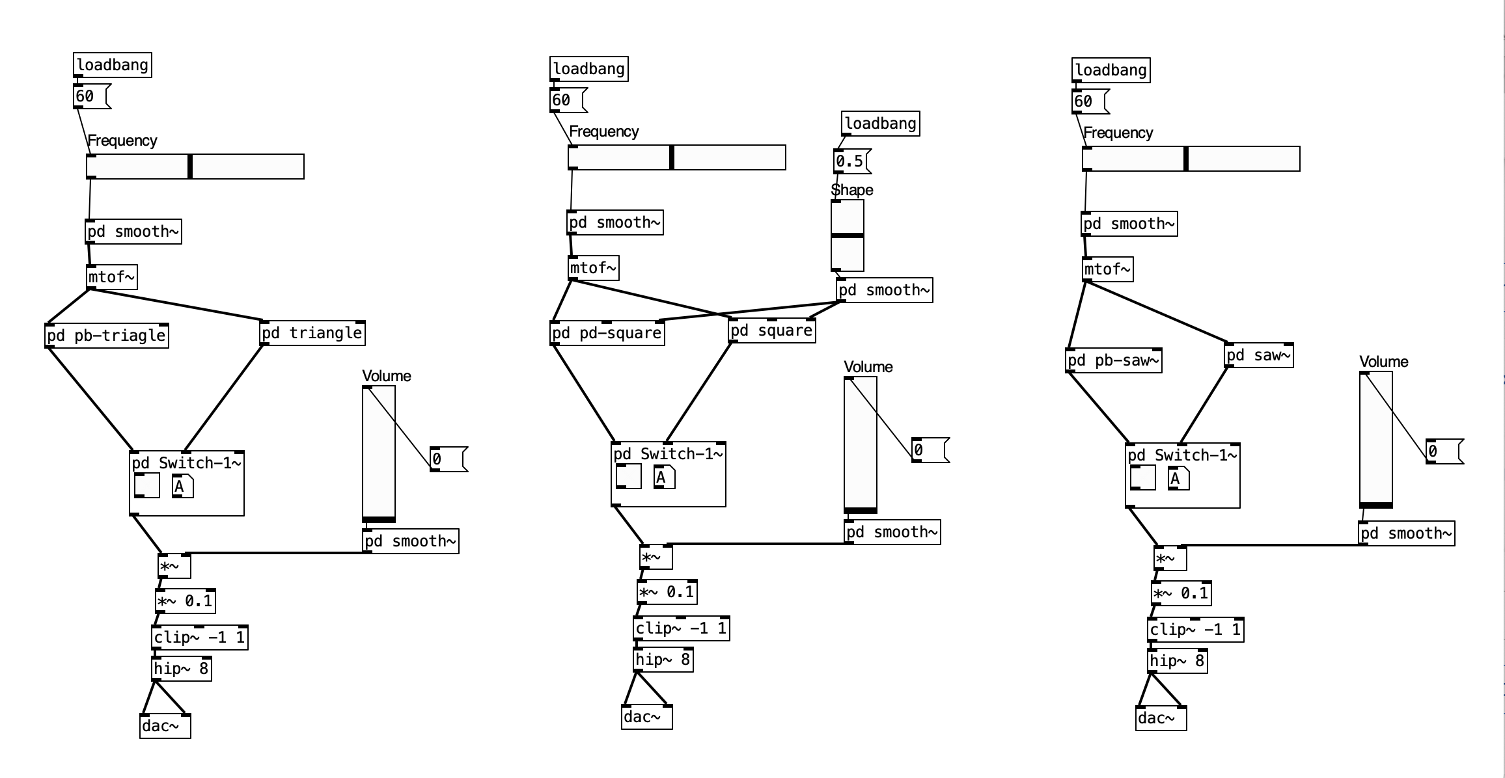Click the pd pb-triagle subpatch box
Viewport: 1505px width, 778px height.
(x=107, y=336)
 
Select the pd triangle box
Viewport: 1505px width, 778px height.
(x=312, y=333)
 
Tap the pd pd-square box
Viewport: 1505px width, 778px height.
(x=607, y=333)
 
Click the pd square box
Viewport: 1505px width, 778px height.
(x=772, y=330)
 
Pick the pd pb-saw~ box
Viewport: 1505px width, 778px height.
(x=1114, y=360)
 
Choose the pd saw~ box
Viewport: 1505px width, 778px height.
(x=1258, y=355)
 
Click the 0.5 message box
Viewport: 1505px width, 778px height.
(x=850, y=161)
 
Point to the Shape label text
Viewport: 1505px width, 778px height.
(x=852, y=190)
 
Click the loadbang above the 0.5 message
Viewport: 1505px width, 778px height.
(x=880, y=124)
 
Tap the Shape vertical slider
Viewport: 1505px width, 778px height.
(x=848, y=235)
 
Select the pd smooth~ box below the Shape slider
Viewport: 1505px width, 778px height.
(x=884, y=290)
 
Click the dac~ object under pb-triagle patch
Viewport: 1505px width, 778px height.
(x=165, y=726)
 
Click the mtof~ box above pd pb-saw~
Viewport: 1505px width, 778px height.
(x=1108, y=269)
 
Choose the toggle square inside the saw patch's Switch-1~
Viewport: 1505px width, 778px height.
(x=1142, y=478)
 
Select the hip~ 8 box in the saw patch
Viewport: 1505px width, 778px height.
(x=1177, y=661)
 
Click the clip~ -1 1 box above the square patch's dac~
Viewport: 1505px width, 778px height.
(x=681, y=628)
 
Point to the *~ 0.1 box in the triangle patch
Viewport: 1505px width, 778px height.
(x=186, y=601)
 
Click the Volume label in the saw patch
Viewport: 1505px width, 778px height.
(x=1383, y=362)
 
